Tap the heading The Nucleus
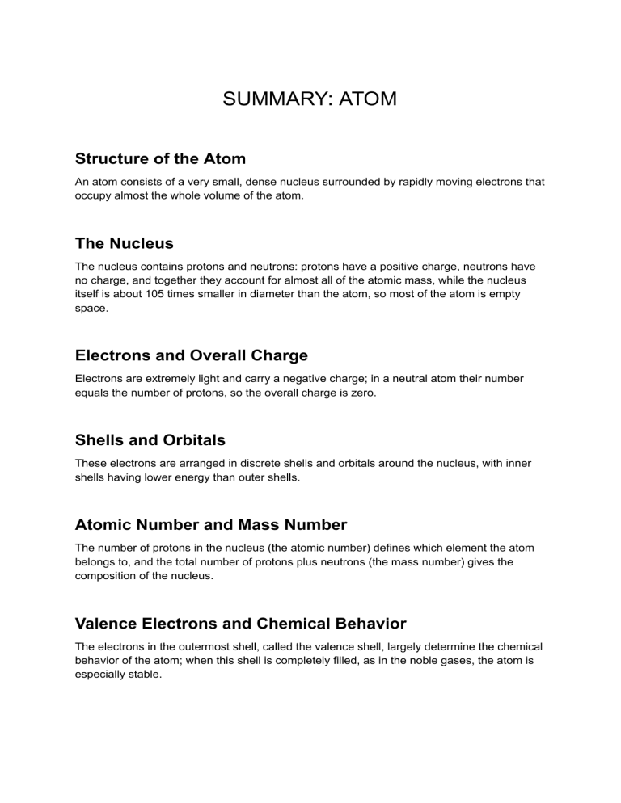124,243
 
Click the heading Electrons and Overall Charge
191,355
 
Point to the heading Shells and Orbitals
150,440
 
